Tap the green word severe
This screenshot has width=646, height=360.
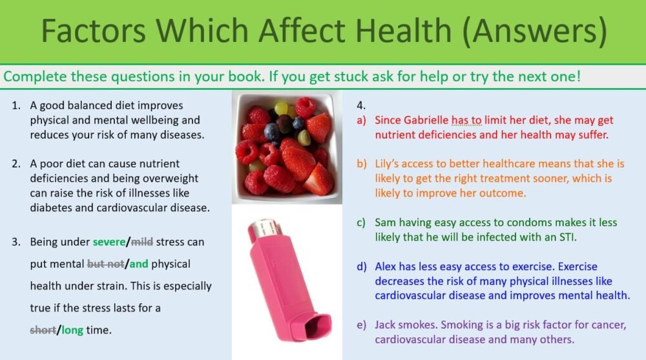tap(109, 242)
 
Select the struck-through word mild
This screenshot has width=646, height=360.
tap(142, 242)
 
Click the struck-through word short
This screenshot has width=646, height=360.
tap(43, 330)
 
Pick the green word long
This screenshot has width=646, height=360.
tap(72, 330)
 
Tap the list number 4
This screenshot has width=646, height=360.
tap(360, 105)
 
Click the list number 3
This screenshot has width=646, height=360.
tap(16, 242)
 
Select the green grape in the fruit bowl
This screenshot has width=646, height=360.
tap(281, 107)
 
